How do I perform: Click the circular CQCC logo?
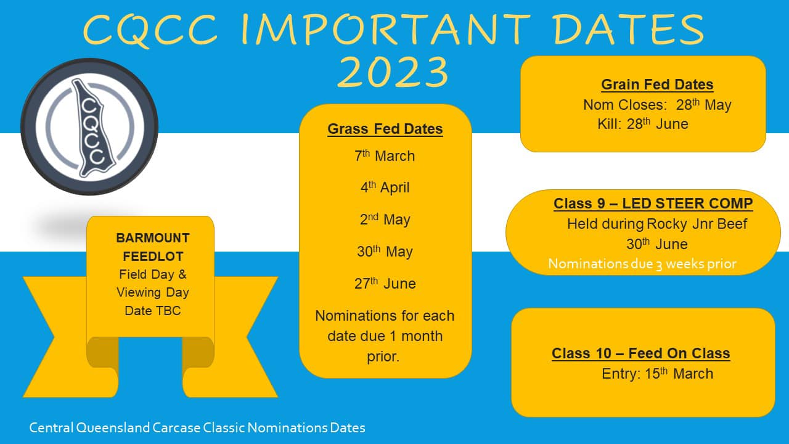coord(89,127)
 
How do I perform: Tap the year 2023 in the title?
coord(393,72)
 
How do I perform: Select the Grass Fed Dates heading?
coord(385,129)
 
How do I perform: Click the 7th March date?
coord(385,156)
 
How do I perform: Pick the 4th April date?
coord(385,187)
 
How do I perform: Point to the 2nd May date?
coord(385,219)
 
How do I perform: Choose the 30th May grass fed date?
coord(385,251)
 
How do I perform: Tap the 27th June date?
coord(385,283)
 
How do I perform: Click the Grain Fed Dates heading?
coord(657,84)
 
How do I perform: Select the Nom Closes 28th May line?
coord(657,105)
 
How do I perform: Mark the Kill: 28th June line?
coord(643,124)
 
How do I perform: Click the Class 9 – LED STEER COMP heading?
coord(653,203)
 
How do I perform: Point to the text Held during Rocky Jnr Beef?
coord(657,224)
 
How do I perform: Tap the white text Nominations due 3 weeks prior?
coord(642,264)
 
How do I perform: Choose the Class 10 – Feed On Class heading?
coord(640,353)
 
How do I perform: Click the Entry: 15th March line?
coord(657,374)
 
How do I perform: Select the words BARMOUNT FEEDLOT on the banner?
coord(153,247)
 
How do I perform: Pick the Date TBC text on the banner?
coord(153,310)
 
